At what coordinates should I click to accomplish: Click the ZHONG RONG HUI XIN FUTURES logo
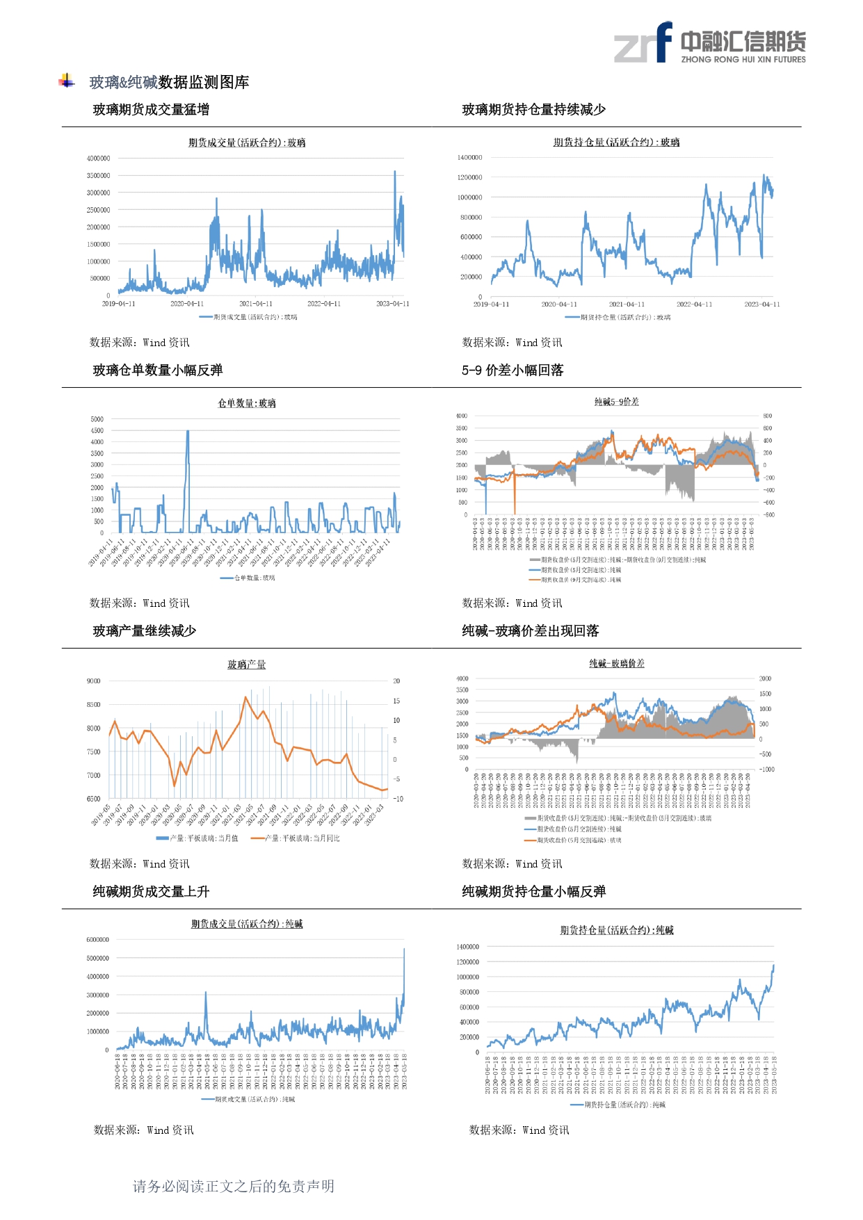(x=709, y=43)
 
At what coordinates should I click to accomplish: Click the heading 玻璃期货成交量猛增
(x=151, y=109)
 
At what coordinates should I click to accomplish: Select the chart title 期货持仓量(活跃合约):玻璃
(x=616, y=142)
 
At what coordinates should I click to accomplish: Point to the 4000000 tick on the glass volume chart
(x=98, y=158)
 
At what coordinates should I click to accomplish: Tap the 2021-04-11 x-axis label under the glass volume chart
(x=256, y=304)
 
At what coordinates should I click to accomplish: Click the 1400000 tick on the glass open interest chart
(x=469, y=158)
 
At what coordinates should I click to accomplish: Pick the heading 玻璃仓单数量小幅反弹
(x=158, y=370)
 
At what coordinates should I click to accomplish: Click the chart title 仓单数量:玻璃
(x=247, y=403)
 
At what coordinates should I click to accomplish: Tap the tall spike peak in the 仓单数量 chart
(x=188, y=432)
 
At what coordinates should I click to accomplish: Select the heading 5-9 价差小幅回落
(x=513, y=370)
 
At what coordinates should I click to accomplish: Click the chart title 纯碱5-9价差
(x=616, y=402)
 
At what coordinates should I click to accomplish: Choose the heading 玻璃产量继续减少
(x=145, y=631)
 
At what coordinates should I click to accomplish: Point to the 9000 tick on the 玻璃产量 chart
(x=93, y=681)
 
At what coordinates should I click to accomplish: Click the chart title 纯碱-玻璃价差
(x=616, y=663)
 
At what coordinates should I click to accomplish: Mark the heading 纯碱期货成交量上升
(x=151, y=891)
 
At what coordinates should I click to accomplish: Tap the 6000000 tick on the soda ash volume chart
(x=97, y=940)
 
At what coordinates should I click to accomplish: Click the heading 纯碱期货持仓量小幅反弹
(x=533, y=891)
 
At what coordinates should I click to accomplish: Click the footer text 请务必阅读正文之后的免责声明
(x=234, y=1186)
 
